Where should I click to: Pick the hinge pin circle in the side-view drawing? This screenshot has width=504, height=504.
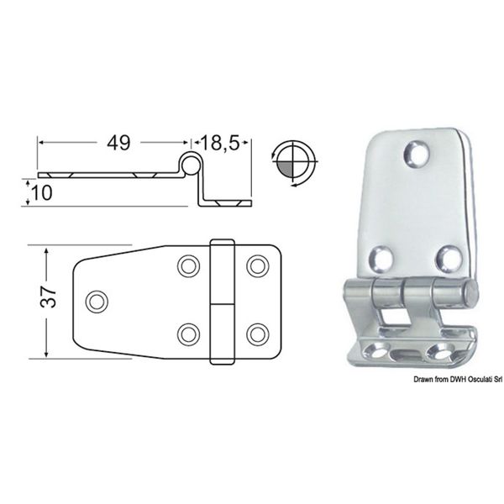191,165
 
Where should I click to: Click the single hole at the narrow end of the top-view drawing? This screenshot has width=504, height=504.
97,299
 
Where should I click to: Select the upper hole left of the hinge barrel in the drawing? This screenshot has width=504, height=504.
186,265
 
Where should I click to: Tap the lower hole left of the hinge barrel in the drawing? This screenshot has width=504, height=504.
186,332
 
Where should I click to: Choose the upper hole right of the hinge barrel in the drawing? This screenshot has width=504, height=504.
255,265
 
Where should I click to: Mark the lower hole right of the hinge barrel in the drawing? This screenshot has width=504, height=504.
255,332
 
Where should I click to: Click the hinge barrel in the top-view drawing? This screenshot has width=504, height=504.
222,301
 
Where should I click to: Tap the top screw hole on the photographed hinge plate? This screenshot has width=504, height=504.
416,153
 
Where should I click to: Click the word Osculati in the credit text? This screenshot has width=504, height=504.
467,381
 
